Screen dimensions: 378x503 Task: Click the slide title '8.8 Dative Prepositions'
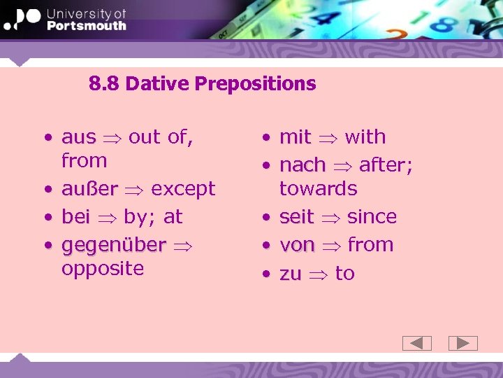point(203,84)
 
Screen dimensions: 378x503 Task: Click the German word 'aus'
point(78,137)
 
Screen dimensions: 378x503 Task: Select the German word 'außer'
point(89,189)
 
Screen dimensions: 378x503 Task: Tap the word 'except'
point(183,189)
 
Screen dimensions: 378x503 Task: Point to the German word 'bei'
point(75,217)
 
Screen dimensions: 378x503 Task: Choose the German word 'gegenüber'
point(113,246)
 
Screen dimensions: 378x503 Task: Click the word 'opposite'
point(103,269)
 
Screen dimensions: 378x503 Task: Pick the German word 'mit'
point(295,137)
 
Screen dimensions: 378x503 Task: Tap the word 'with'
point(365,137)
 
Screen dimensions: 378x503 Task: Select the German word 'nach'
point(302,165)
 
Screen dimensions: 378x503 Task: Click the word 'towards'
point(318,189)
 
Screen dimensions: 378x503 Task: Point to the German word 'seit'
point(296,217)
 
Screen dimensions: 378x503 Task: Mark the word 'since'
point(372,217)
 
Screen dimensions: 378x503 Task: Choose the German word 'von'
point(297,246)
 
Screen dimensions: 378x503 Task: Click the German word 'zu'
point(290,274)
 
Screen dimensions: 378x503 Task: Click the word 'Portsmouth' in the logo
point(87,26)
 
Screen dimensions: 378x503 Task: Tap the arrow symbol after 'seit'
point(330,218)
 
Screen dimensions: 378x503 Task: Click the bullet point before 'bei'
point(47,218)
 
